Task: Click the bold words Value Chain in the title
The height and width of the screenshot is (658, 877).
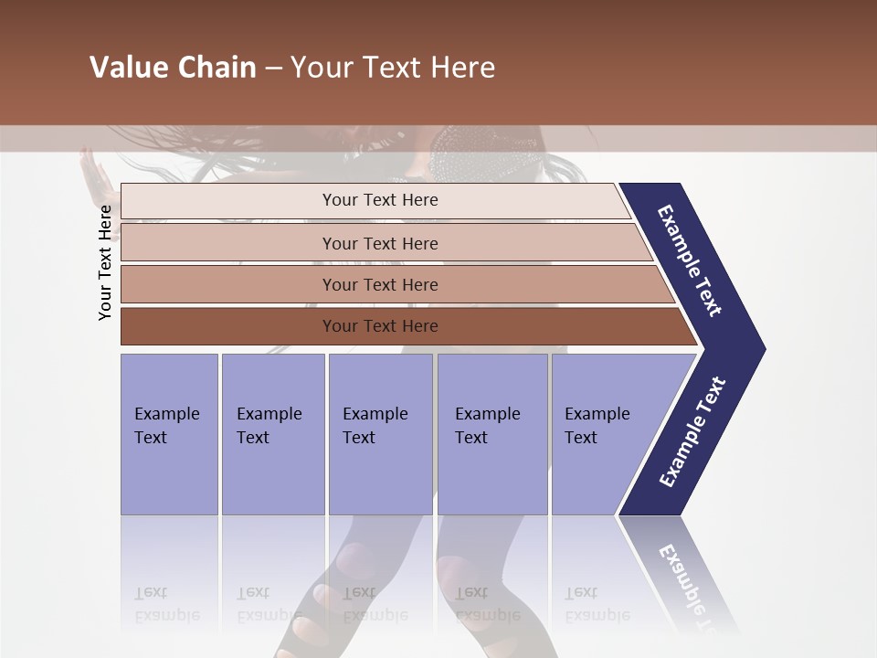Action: (173, 68)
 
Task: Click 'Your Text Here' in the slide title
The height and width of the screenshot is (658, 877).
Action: (393, 68)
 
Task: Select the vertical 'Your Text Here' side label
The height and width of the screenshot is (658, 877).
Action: (105, 262)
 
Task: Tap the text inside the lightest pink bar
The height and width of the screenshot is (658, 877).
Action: (380, 200)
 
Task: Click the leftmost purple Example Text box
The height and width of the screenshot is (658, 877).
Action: (169, 433)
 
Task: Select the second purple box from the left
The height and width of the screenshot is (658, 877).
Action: (272, 433)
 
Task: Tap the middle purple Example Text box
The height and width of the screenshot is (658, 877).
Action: (380, 433)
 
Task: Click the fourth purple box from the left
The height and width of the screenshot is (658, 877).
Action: (491, 433)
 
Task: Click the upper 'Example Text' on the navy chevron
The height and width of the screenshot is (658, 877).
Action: (690, 260)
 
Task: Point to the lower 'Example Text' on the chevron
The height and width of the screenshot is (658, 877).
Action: (692, 432)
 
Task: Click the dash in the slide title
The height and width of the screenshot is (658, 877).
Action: (273, 69)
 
